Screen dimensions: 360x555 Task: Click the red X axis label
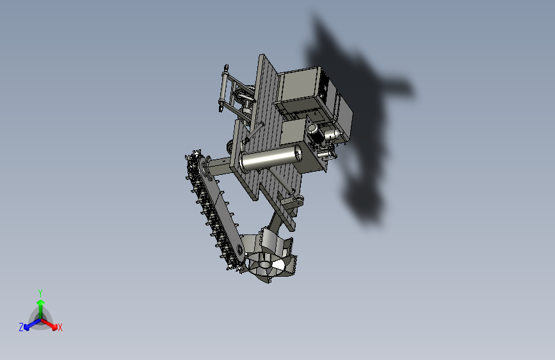click(x=60, y=328)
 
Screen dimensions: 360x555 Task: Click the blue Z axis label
click(x=21, y=327)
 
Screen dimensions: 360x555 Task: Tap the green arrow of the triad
click(x=40, y=306)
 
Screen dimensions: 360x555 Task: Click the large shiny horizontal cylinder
click(x=269, y=158)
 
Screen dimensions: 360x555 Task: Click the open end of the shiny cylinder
click(x=297, y=152)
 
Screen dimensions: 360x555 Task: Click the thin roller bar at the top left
click(x=222, y=89)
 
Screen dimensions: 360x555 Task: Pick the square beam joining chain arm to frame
click(x=221, y=167)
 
